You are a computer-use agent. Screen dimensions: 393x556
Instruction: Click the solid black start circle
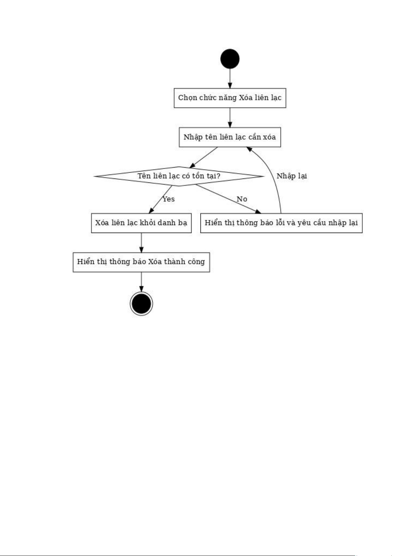point(230,59)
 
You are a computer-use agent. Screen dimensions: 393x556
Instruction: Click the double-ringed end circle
point(141,304)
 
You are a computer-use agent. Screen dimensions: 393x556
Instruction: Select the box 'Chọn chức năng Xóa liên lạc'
point(230,98)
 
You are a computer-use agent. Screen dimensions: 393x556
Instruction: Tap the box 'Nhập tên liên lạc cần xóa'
point(230,137)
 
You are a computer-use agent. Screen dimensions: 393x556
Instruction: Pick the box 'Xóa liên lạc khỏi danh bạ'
point(141,223)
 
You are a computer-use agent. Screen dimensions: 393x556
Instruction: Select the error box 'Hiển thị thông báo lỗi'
point(281,223)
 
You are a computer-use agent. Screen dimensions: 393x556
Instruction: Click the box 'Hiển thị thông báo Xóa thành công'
point(141,262)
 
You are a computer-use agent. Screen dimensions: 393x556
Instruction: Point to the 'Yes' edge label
point(168,199)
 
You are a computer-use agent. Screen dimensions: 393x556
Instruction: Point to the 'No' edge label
point(242,199)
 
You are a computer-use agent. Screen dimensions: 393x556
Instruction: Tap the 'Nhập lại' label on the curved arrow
point(291,176)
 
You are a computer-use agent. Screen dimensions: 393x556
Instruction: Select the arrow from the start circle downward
point(230,79)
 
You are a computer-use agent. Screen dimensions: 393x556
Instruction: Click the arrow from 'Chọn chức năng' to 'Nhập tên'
point(230,118)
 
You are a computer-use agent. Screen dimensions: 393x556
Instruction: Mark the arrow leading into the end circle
point(141,282)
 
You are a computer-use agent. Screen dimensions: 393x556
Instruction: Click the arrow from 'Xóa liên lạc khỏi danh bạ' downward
point(141,243)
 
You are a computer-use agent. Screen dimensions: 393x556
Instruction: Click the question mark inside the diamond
point(218,176)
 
